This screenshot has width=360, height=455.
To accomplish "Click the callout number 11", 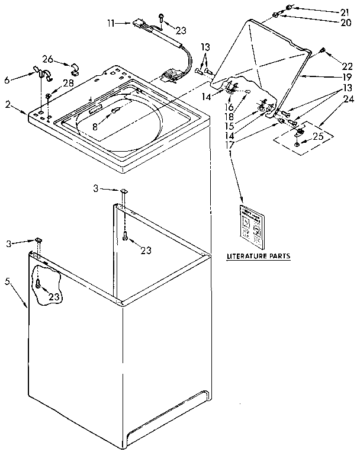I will pos(111,23).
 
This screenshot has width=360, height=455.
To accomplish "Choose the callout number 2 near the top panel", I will pos(8,104).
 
